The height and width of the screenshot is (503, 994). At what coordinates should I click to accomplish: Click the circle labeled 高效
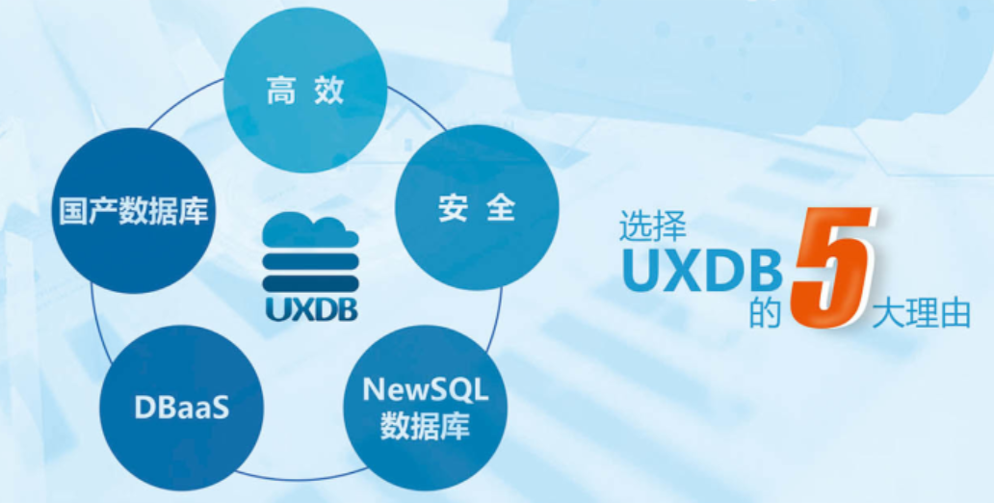[304, 93]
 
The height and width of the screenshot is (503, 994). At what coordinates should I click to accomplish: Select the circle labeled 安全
[478, 207]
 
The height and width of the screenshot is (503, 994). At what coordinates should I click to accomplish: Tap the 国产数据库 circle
[132, 211]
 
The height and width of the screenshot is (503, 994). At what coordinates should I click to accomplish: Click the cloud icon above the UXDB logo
[309, 231]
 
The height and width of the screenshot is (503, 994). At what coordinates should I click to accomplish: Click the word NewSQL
[425, 390]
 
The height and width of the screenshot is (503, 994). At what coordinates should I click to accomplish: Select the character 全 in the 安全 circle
[501, 208]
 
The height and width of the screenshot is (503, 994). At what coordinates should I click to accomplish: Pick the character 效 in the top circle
[329, 93]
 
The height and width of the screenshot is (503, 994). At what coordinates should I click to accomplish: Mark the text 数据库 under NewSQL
[425, 425]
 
